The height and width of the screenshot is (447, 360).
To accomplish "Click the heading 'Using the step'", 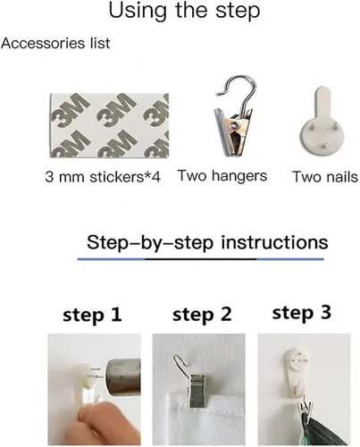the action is point(184,11).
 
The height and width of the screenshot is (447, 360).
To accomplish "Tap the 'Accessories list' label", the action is point(55,43).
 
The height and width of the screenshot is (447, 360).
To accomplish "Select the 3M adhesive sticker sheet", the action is point(109,125).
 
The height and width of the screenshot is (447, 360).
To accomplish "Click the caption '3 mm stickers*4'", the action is point(103,177).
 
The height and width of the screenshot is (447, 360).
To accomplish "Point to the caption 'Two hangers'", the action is point(222,176).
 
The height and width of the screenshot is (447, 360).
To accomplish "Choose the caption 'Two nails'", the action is point(325,177).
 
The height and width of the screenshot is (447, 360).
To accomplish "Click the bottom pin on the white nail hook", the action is point(325,146).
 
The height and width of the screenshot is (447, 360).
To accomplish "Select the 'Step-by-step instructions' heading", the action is point(207,242).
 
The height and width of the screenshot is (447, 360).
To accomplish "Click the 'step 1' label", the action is point(92,315).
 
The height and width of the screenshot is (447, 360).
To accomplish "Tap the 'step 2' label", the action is point(202,315).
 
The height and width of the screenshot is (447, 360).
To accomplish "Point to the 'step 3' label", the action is point(302,313).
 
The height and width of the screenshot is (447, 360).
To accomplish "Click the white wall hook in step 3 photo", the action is point(297,374).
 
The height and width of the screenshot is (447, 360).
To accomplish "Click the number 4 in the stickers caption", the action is point(156,177).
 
